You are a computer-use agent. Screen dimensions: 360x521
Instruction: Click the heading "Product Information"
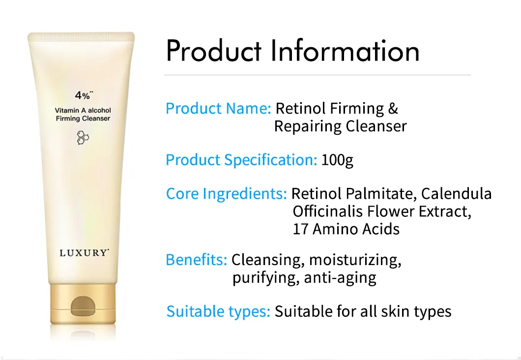click(293, 51)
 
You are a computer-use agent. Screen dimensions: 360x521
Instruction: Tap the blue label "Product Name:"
click(218, 108)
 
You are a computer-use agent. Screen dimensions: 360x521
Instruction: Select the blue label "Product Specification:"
click(241, 160)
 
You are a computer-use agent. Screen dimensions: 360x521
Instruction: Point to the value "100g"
click(337, 160)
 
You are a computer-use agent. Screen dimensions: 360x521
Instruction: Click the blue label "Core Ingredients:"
click(226, 193)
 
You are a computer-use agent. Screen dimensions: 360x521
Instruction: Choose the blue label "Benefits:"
click(196, 260)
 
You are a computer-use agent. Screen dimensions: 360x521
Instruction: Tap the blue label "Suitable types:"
click(218, 311)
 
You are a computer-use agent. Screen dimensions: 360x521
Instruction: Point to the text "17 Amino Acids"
click(346, 229)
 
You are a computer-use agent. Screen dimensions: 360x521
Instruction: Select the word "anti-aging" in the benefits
click(340, 278)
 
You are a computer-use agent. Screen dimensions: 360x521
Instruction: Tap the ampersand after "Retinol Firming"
click(392, 108)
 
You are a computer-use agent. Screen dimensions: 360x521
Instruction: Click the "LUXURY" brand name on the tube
click(83, 253)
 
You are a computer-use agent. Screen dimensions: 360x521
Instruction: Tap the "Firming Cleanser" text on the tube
click(83, 119)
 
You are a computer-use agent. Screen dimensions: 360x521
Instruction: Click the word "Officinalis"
click(329, 211)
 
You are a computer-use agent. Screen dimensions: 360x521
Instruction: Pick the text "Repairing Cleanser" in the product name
click(340, 126)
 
